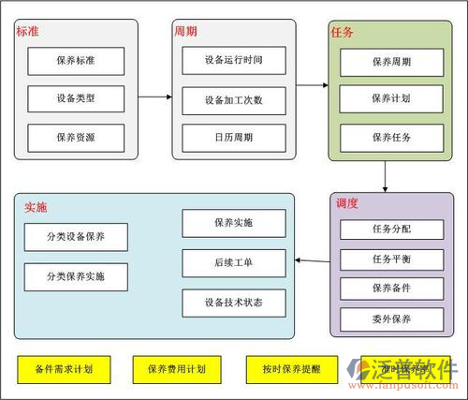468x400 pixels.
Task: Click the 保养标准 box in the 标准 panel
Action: (76, 61)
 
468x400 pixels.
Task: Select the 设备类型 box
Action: (76, 98)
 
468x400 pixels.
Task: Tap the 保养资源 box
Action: (76, 137)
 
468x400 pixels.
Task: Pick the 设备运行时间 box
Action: (233, 60)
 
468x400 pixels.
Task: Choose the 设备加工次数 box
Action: (233, 98)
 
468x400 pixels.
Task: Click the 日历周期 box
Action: (233, 137)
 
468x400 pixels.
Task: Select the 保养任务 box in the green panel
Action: (390, 137)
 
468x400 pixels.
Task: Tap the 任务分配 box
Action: (390, 228)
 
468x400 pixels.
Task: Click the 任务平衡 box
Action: (390, 259)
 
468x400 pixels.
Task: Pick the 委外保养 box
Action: (390, 319)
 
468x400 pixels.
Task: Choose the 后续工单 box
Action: (233, 262)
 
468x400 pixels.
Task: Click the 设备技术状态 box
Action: (233, 302)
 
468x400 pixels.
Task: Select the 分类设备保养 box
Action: (76, 237)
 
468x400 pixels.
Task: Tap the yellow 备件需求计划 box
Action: (63, 368)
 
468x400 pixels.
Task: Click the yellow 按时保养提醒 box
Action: (284, 368)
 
